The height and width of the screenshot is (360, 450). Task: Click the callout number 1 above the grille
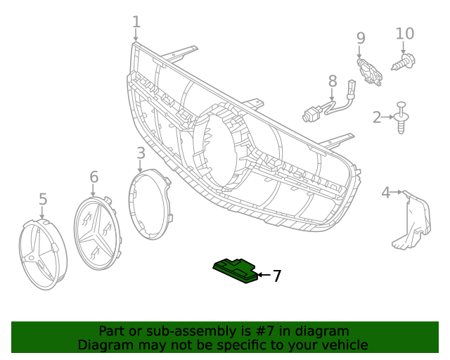pos(136,23)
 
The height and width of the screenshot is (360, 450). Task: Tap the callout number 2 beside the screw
pos(377,117)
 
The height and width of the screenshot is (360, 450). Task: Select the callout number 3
pos(141,153)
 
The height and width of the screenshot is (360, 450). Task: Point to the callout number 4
pos(385,192)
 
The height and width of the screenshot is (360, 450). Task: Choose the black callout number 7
pos(277,276)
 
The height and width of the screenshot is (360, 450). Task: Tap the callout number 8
pos(333,83)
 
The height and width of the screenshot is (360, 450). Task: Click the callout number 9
pos(361,38)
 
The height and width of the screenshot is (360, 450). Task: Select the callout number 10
pos(405,34)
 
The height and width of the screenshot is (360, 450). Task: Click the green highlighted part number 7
pos(236,269)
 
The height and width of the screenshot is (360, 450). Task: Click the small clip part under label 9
pos(370,71)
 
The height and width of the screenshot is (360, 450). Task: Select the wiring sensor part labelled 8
pos(329,105)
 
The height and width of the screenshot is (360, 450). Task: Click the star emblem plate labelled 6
pos(98,233)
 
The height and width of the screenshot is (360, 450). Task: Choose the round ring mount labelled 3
pos(150,208)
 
